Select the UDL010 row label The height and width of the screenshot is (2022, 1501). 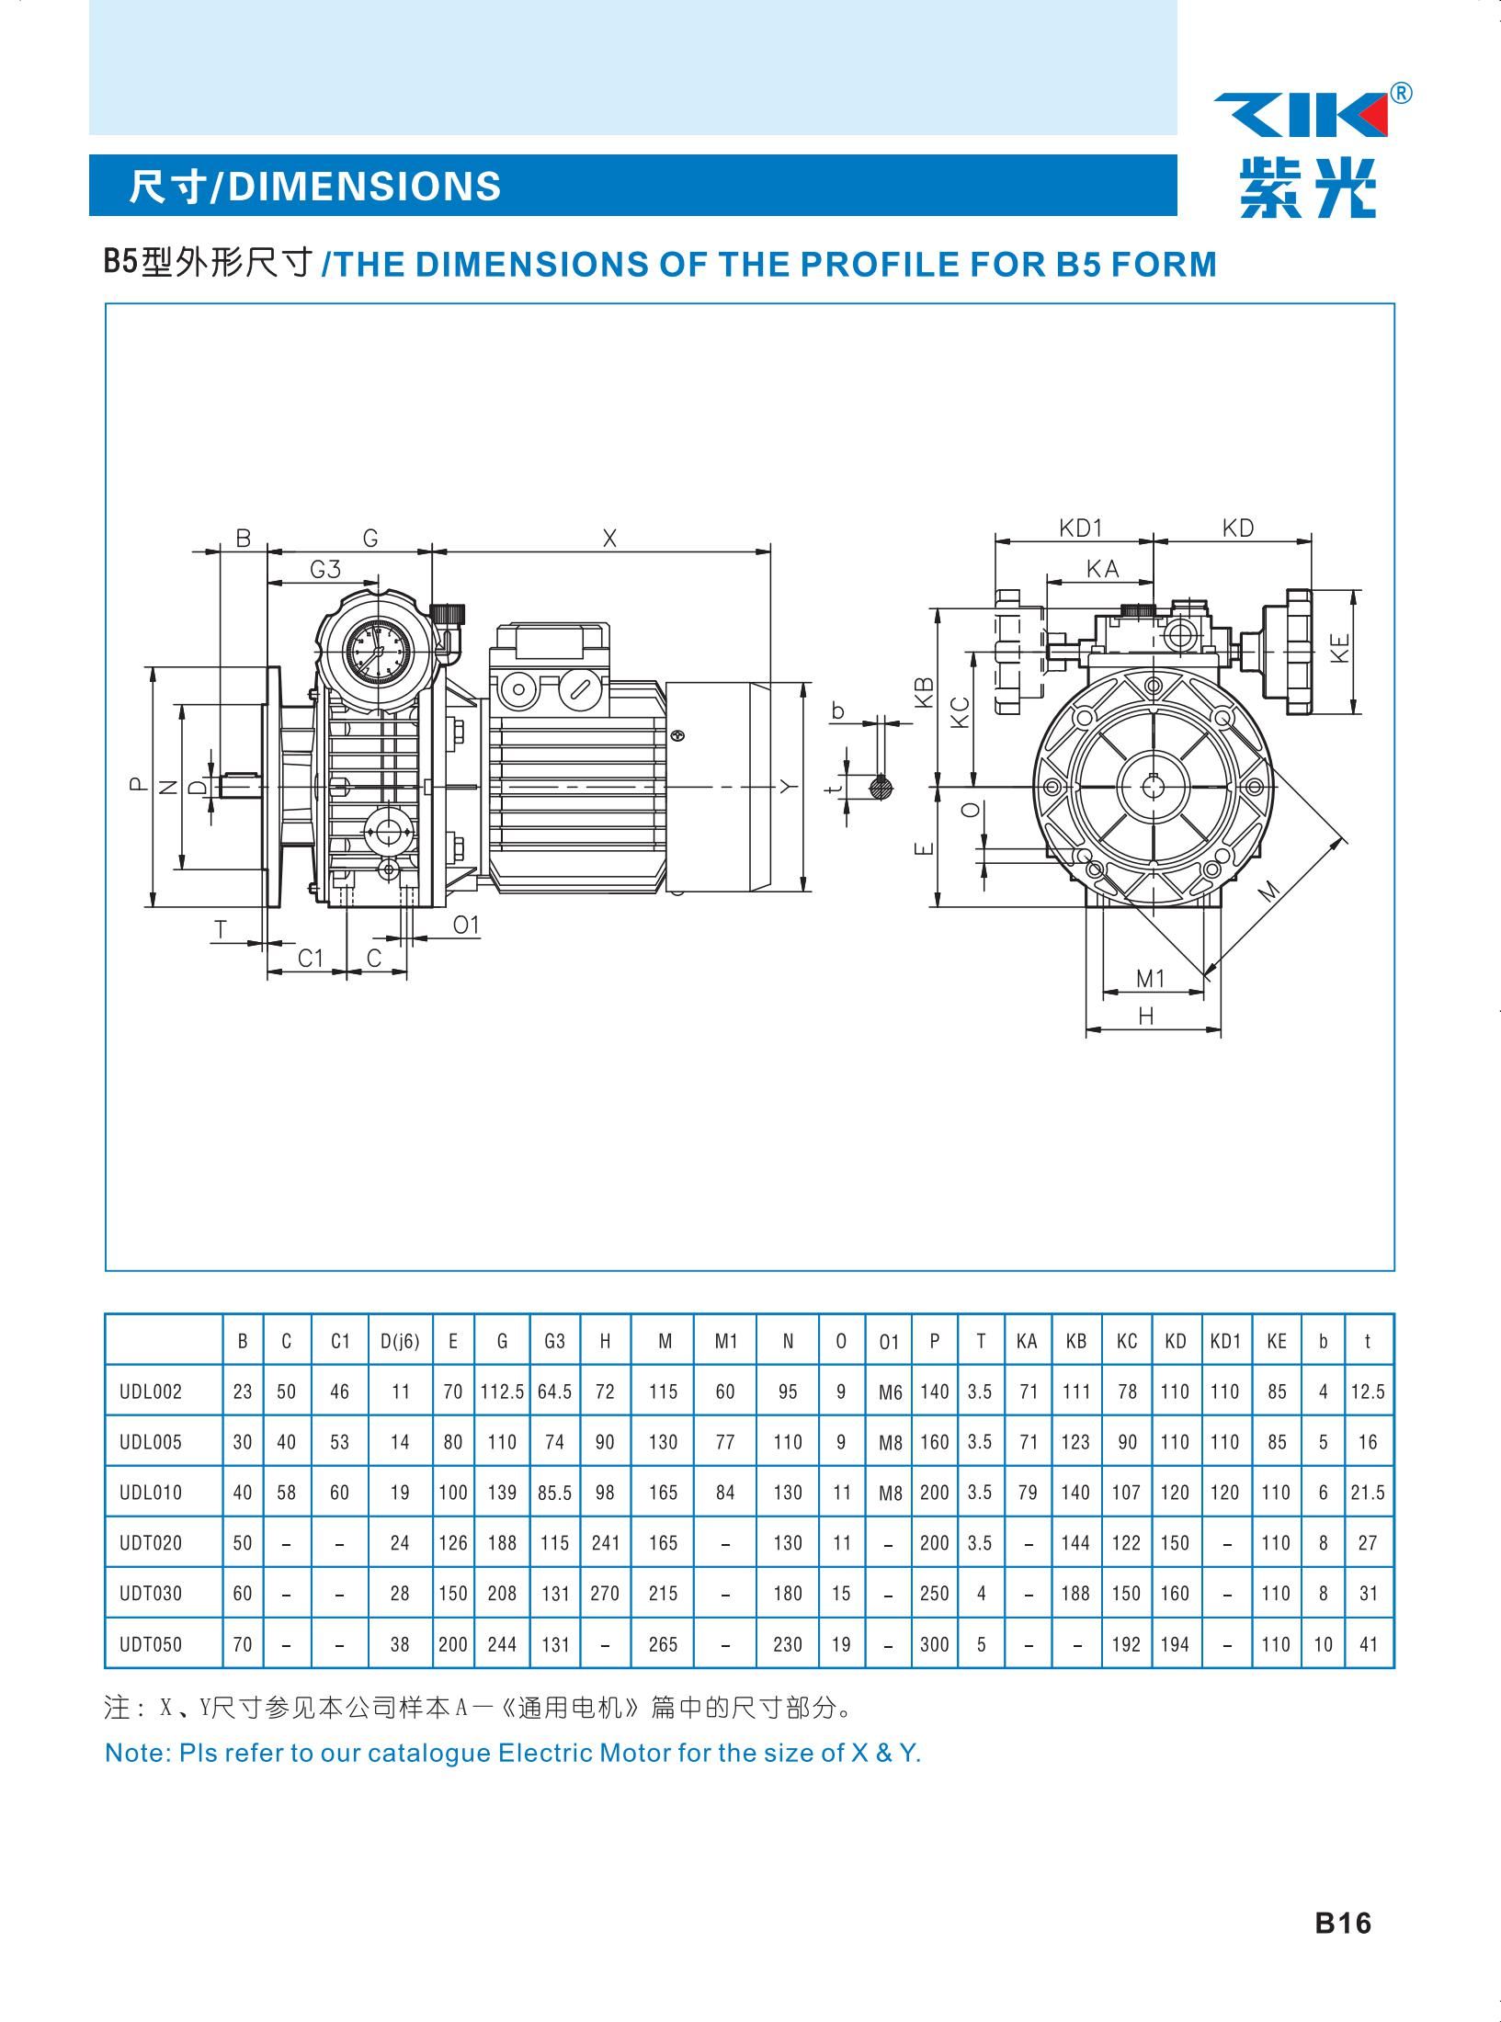[151, 1492]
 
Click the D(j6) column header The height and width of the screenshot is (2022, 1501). [400, 1341]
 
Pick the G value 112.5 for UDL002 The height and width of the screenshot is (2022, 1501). [502, 1392]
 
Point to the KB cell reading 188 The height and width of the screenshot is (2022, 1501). [1075, 1593]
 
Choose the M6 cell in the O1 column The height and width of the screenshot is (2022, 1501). [890, 1392]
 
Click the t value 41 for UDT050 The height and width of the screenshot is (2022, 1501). [1368, 1644]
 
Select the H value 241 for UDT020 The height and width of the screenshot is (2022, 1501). [605, 1543]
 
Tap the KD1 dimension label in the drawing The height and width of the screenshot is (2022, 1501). [1080, 528]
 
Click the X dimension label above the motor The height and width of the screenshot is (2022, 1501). [609, 539]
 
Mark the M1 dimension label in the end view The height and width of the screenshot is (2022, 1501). [1151, 979]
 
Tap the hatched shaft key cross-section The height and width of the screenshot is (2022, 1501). [881, 786]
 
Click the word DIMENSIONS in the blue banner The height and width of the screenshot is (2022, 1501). [364, 186]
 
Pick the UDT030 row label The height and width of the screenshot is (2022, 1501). [151, 1593]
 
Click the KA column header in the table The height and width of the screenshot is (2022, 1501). [1027, 1341]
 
